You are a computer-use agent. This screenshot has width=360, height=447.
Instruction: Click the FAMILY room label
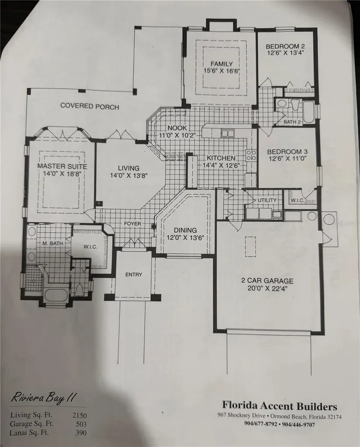click(222, 64)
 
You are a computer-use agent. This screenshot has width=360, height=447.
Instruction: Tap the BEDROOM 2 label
click(285, 46)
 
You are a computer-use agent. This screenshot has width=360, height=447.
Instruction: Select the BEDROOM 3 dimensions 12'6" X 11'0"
click(287, 158)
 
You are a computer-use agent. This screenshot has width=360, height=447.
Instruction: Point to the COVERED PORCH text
click(90, 107)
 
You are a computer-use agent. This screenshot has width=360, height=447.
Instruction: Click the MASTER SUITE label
click(62, 166)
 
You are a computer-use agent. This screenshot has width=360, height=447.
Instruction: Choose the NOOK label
click(177, 128)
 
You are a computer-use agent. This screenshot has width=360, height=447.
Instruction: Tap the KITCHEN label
click(221, 158)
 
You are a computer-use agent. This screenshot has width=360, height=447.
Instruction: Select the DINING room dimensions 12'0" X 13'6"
click(185, 237)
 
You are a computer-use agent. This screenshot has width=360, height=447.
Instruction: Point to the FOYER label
click(132, 223)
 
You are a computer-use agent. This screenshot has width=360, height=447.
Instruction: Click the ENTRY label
click(134, 275)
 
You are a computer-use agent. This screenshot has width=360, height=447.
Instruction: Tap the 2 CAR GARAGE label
click(267, 281)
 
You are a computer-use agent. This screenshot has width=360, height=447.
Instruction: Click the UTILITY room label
click(267, 200)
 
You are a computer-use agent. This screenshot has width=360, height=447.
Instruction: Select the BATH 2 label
click(292, 122)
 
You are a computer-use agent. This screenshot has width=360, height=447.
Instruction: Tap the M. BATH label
click(52, 243)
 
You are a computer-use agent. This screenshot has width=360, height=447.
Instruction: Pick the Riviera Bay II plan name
click(44, 398)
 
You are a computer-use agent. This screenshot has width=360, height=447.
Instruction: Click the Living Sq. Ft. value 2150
click(80, 416)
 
